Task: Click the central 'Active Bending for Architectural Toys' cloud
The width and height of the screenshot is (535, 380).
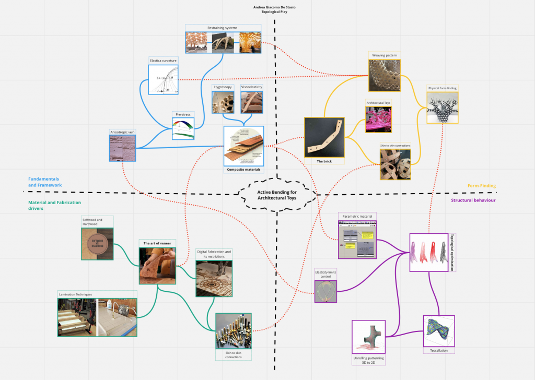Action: pos(276,195)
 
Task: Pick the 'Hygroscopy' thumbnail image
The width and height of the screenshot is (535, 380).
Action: pos(223,102)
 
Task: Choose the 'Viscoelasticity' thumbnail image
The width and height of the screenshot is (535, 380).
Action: pos(251,102)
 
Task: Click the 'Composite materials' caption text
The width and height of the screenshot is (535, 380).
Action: pos(243,170)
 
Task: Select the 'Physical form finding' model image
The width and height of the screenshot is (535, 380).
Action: pos(443,108)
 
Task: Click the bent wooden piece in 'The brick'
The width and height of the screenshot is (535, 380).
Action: pos(324,138)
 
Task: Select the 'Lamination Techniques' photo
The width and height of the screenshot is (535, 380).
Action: pos(97,317)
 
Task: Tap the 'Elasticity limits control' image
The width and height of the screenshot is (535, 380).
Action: pos(325,291)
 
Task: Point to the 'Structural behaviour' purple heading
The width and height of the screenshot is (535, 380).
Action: pos(473,200)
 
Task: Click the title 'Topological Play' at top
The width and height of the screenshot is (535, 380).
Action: pos(274,11)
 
